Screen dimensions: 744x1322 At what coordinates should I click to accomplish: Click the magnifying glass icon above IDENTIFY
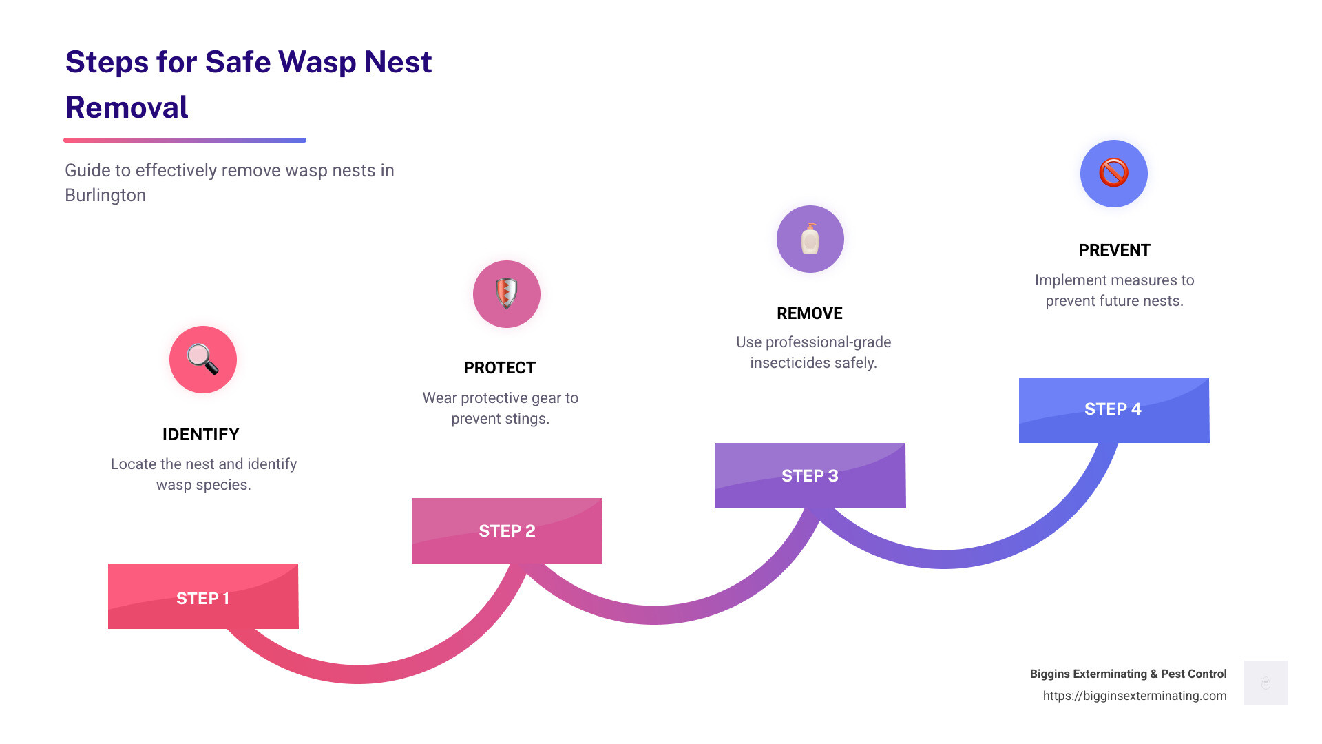pos(203,360)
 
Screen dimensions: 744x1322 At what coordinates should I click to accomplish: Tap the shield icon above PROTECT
pos(507,293)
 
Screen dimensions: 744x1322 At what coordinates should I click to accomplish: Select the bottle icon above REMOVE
pos(810,239)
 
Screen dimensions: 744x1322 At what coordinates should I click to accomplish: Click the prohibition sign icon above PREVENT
pos(1113,173)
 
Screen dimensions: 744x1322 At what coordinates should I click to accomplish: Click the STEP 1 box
pos(203,597)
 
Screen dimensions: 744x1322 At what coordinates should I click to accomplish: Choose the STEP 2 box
pos(507,530)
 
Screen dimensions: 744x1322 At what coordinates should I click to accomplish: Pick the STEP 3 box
pos(810,475)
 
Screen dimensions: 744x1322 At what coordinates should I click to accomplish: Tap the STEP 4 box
pos(1113,410)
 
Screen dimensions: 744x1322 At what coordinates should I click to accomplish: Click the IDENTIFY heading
pos(201,435)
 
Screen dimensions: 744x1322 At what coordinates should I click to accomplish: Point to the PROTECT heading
pos(500,368)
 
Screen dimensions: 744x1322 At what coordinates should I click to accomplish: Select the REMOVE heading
pos(810,313)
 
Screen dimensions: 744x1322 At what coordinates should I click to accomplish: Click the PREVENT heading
pos(1114,250)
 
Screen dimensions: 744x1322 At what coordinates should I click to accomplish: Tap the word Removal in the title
pos(127,107)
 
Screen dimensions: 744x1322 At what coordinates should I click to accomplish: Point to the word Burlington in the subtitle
pos(105,196)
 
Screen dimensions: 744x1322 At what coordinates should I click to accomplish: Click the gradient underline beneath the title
pos(185,140)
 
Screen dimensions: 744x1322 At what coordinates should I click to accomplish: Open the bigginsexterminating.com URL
pos(1135,696)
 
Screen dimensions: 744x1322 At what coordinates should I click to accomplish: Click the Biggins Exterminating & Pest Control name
pos(1128,674)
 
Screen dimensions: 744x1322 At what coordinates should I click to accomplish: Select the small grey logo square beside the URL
pos(1266,683)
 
